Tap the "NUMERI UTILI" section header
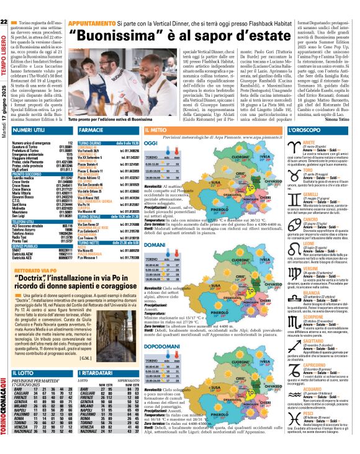29,131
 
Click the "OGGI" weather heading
151,143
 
